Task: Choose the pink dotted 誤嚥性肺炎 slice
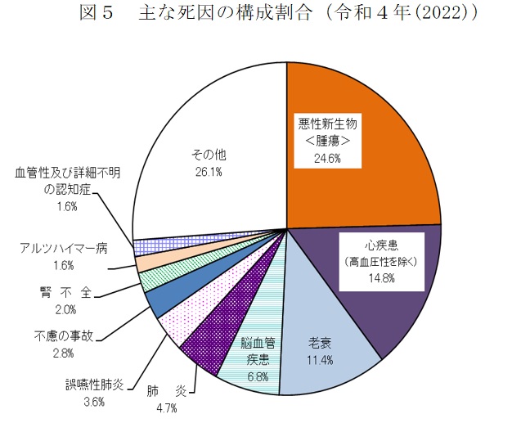click(180, 327)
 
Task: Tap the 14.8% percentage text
click(381, 278)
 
